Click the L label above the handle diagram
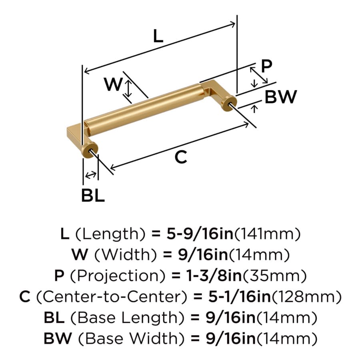pyautogui.click(x=158, y=36)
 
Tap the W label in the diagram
pyautogui.click(x=113, y=84)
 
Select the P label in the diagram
pyautogui.click(x=267, y=66)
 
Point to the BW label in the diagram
pyautogui.click(x=281, y=97)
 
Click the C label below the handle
pyautogui.click(x=181, y=157)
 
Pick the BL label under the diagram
pyautogui.click(x=93, y=196)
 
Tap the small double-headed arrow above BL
pyautogui.click(x=91, y=175)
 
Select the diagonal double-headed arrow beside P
pyautogui.click(x=259, y=75)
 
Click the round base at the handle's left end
pyautogui.click(x=90, y=150)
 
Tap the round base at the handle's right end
pyautogui.click(x=229, y=104)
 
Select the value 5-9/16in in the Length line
pyautogui.click(x=200, y=234)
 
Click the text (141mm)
pyautogui.click(x=267, y=234)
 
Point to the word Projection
pyautogui.click(x=117, y=276)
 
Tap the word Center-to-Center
pyautogui.click(x=111, y=297)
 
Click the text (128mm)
pyautogui.click(x=307, y=297)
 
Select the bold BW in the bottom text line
pyautogui.click(x=58, y=338)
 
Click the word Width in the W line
pyautogui.click(x=126, y=255)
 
